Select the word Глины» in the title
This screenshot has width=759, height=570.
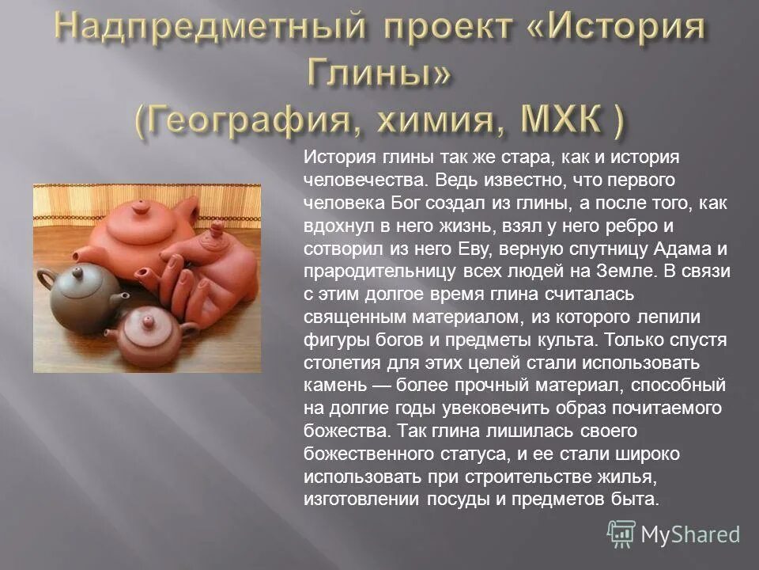pyautogui.click(x=379, y=75)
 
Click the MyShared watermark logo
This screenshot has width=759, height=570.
pyautogui.click(x=674, y=534)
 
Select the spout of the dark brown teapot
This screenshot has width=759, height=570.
pyautogui.click(x=119, y=300)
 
